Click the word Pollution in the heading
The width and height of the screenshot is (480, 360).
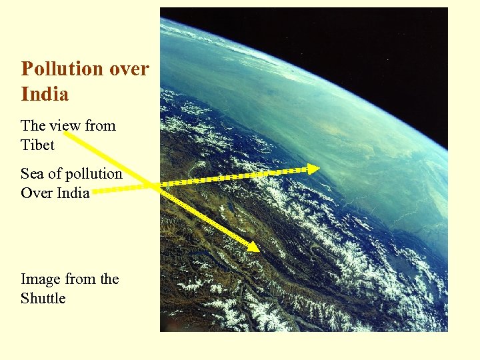point(62,69)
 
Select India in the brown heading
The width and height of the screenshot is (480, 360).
point(45,94)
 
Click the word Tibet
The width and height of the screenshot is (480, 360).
point(37,145)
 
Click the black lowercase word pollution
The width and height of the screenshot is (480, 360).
point(95,173)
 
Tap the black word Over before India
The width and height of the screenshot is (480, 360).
point(36,193)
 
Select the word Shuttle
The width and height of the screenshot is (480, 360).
point(43,298)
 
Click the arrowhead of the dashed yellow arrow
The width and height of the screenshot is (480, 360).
point(313,169)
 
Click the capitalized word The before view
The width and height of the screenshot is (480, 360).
point(33,125)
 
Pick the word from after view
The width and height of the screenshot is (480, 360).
point(100,125)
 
